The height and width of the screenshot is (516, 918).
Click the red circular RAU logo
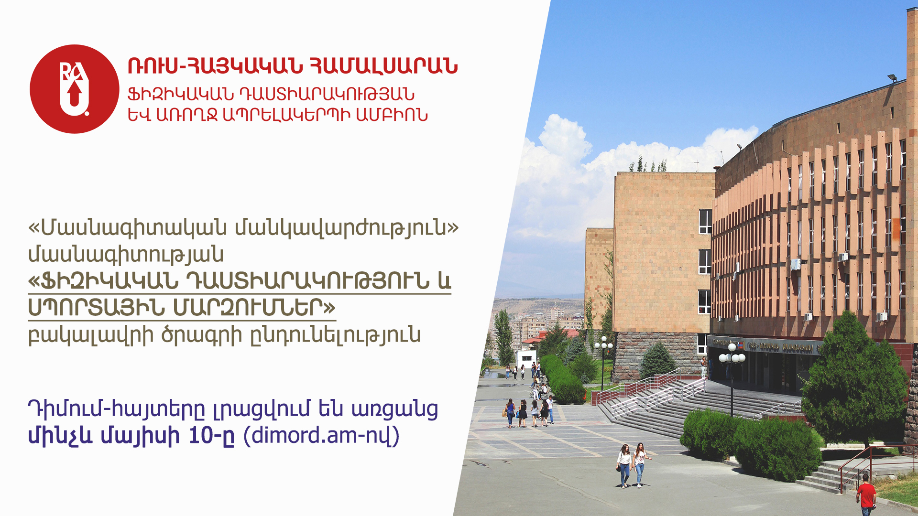74,89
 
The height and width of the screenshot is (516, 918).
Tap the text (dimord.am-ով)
321,435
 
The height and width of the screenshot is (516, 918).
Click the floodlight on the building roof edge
892,77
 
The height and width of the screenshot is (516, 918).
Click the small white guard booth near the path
525,359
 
